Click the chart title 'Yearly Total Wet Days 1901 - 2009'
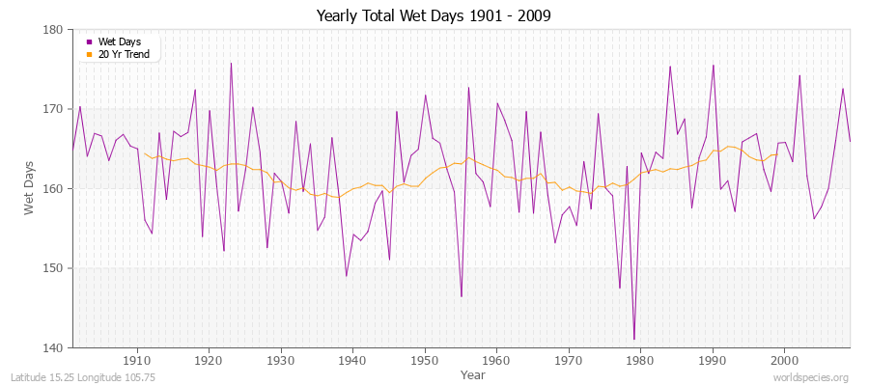(x=434, y=16)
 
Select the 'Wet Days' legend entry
(x=118, y=41)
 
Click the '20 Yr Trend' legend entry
(x=123, y=54)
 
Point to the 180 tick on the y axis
(x=54, y=30)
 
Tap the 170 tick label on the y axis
(x=54, y=109)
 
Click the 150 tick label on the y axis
(x=54, y=268)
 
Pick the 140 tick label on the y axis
(x=54, y=347)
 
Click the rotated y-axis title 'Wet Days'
(x=30, y=188)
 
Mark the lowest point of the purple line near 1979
(x=633, y=339)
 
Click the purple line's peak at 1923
(x=231, y=64)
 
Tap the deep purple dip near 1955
(x=462, y=296)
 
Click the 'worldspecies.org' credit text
(x=811, y=377)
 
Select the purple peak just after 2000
(x=799, y=75)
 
